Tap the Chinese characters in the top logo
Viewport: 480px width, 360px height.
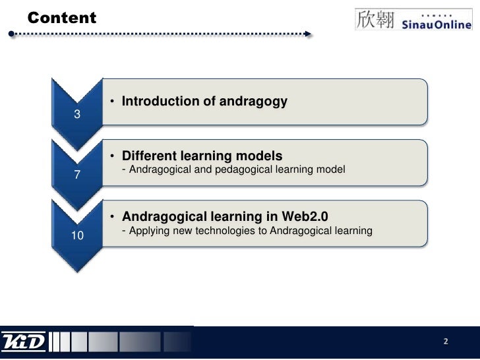(x=375, y=19)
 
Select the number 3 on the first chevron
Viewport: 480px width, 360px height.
(x=77, y=115)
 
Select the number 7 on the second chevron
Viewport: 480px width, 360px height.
(x=77, y=175)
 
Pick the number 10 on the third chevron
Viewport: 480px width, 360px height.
(x=77, y=235)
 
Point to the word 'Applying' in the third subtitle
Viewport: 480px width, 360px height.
(x=149, y=231)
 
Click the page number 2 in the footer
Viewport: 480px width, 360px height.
(x=446, y=342)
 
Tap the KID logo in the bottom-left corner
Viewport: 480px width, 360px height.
(x=24, y=342)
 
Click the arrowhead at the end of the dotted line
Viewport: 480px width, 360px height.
(x=307, y=33)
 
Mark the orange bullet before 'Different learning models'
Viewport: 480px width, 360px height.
(x=113, y=157)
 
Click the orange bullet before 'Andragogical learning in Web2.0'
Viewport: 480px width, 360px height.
(x=113, y=217)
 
